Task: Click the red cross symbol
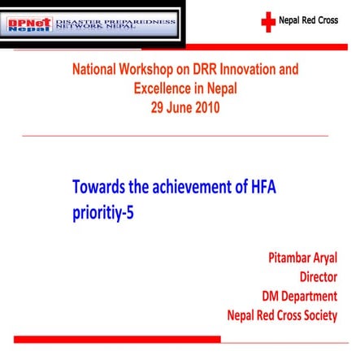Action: point(268,22)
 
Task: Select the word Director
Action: point(318,277)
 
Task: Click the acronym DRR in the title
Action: point(204,70)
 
